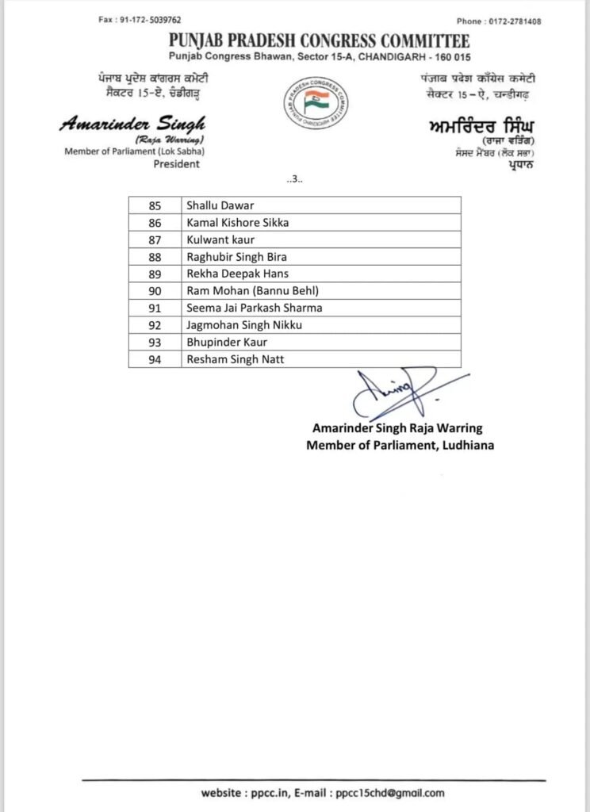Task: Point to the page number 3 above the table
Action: click(x=295, y=179)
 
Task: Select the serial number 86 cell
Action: click(x=155, y=223)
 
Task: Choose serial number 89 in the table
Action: click(x=155, y=274)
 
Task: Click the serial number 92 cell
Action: click(x=155, y=325)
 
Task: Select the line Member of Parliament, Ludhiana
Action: click(x=400, y=445)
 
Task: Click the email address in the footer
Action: click(x=389, y=792)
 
